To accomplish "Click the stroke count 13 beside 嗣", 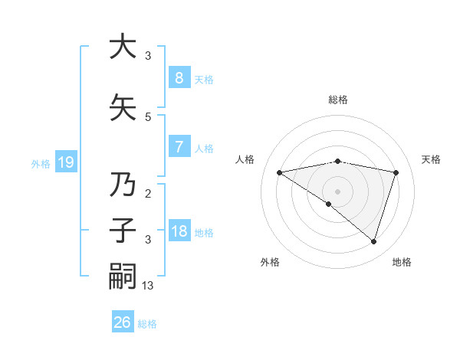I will tap(149, 285).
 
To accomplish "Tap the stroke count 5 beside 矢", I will tap(148, 116).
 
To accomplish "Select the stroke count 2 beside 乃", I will tap(148, 195).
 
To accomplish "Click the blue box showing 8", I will tap(179, 78).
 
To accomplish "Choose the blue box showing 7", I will tap(179, 147).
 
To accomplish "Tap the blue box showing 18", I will tap(179, 231).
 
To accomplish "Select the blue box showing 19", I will tap(65, 162).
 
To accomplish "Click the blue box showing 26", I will tap(122, 322).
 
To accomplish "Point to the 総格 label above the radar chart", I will tap(338, 100).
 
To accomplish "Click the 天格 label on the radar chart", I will tap(432, 159).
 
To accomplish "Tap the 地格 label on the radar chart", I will tap(402, 262).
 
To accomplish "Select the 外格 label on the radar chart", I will tap(270, 262).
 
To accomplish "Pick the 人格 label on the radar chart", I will tap(245, 159).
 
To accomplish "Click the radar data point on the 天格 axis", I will tap(396, 172).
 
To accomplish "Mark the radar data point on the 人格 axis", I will tap(279, 172).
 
